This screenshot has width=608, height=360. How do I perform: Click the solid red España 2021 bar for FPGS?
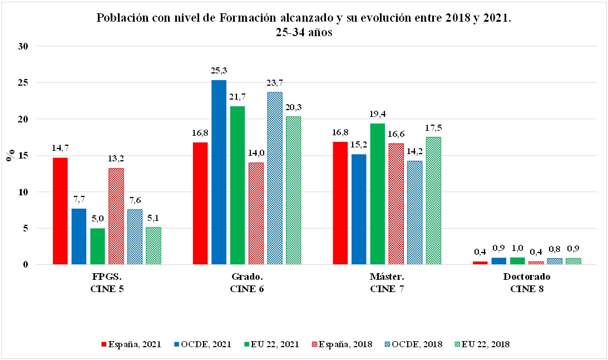pyautogui.click(x=60, y=211)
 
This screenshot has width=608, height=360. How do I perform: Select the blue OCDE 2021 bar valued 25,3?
pyautogui.click(x=219, y=172)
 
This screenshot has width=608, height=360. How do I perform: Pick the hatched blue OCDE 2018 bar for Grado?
pyautogui.click(x=274, y=178)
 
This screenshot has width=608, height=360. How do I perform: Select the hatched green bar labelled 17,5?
pyautogui.click(x=433, y=200)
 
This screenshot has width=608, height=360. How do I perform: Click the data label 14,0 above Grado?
pyautogui.click(x=256, y=152)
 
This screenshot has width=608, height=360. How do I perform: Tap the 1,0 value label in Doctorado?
pyautogui.click(x=517, y=248)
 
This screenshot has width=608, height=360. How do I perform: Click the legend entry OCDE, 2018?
pyautogui.click(x=417, y=344)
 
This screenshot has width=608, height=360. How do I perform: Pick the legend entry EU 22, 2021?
pyautogui.click(x=275, y=344)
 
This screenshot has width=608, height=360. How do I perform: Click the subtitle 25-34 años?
pyautogui.click(x=304, y=32)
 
